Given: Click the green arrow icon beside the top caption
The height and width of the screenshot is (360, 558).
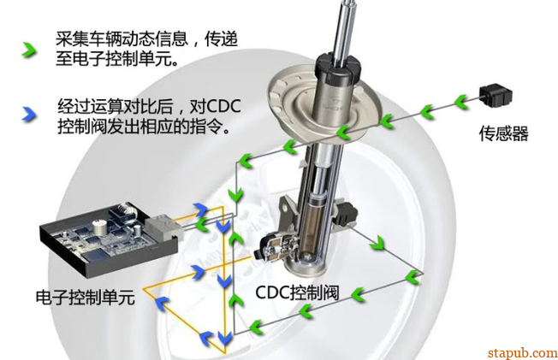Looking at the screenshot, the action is pyautogui.click(x=29, y=50).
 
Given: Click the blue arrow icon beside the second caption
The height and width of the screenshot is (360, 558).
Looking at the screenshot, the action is pyautogui.click(x=29, y=115).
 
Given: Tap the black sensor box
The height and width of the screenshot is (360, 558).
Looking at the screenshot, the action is pyautogui.click(x=496, y=95).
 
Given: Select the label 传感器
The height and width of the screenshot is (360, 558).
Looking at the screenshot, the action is pyautogui.click(x=503, y=133).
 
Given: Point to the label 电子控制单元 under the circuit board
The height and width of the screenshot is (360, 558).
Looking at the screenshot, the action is pyautogui.click(x=86, y=297).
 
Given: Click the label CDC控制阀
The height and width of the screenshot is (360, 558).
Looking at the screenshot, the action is pyautogui.click(x=297, y=292).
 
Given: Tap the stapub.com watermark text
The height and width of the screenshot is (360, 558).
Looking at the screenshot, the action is pyautogui.click(x=522, y=352).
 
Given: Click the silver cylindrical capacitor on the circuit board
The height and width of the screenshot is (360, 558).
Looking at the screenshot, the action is pyautogui.click(x=99, y=227).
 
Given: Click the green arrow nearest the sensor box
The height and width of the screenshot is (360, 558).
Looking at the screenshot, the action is pyautogui.click(x=461, y=102).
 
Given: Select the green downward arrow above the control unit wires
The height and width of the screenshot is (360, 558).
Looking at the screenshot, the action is pyautogui.click(x=235, y=195).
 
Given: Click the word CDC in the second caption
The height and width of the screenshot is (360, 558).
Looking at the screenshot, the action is pyautogui.click(x=223, y=106).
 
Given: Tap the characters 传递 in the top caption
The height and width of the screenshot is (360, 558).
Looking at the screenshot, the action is pyautogui.click(x=221, y=38).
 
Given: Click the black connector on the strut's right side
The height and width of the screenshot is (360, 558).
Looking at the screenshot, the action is pyautogui.click(x=345, y=214).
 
